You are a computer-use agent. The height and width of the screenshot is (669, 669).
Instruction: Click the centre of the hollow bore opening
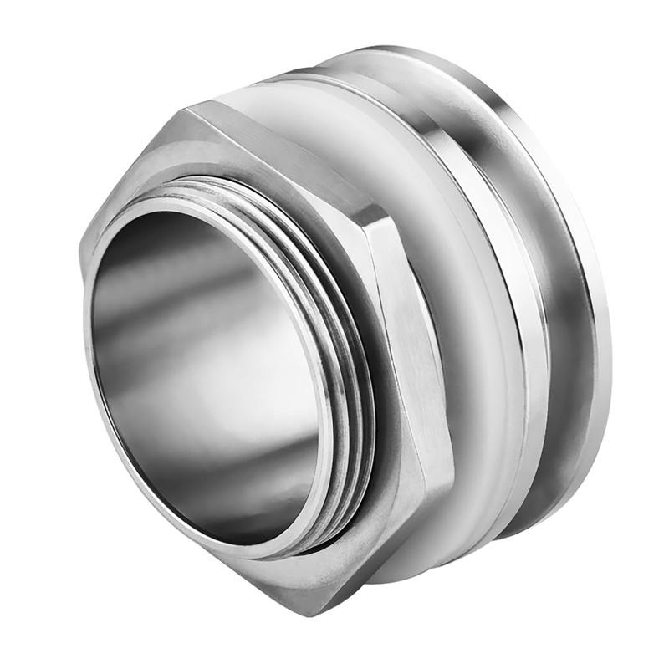point(209,368)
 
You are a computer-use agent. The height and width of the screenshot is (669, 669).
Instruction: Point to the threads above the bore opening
point(243,188)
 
